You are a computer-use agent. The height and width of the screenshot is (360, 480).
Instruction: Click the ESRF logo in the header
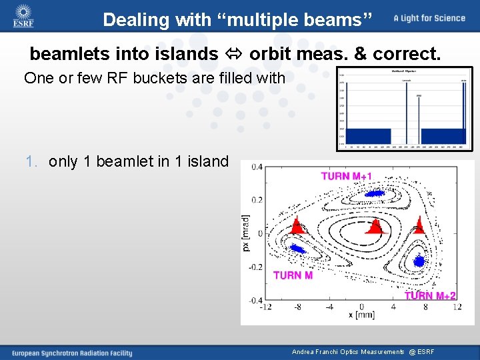click(x=23, y=16)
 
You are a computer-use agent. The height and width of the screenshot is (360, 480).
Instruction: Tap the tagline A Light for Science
click(x=429, y=18)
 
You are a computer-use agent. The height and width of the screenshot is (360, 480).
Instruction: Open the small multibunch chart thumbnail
click(x=404, y=108)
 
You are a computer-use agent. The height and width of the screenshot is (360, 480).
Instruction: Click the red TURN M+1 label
click(x=347, y=176)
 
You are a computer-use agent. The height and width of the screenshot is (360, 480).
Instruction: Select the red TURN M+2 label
click(x=431, y=296)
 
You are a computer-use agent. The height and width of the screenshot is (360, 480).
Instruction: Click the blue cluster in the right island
click(x=418, y=261)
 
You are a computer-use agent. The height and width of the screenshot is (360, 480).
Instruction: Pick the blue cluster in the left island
click(x=295, y=249)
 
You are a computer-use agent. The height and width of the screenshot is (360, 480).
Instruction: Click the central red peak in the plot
click(x=375, y=227)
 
